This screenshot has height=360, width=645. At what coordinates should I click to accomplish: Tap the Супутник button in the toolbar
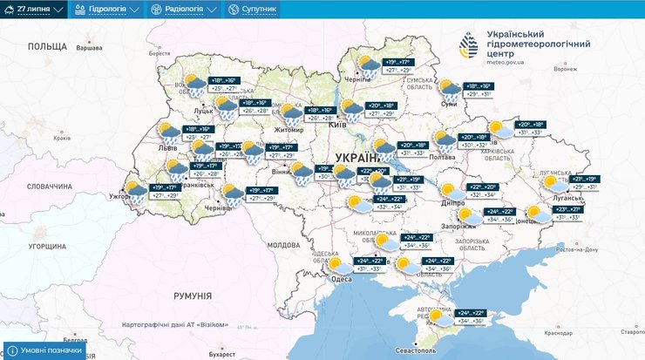(x=252, y=10)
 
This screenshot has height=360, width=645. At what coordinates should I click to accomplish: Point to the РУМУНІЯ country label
(x=193, y=296)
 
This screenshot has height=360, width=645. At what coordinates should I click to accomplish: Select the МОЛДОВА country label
(x=283, y=246)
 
